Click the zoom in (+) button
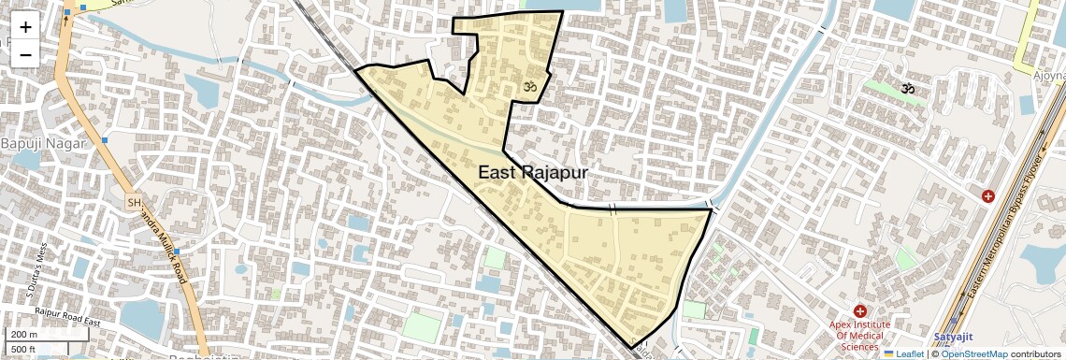25,27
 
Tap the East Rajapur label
533,173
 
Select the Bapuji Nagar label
43,143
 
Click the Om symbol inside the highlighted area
527,87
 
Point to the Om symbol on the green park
905,89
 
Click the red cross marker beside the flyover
988,196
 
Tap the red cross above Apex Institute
859,310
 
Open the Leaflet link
903,353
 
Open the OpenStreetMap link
973,353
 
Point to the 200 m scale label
24,335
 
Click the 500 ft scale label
24,350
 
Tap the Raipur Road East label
66,316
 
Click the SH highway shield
134,201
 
